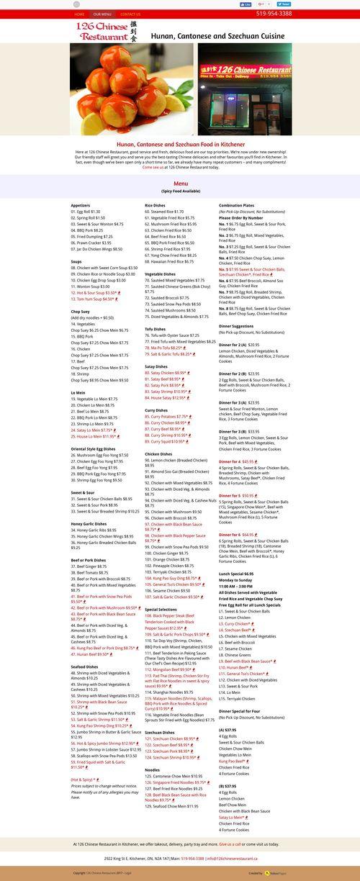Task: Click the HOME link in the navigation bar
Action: pyautogui.click(x=79, y=14)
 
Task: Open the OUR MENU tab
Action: pyautogui.click(x=102, y=14)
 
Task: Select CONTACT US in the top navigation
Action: pyautogui.click(x=130, y=14)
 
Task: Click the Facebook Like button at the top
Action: pyautogui.click(x=247, y=4)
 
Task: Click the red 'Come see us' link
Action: pyautogui.click(x=152, y=167)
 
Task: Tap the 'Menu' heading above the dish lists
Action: pyautogui.click(x=180, y=184)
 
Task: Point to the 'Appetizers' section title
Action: pyautogui.click(x=81, y=205)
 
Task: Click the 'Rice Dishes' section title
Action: pyautogui.click(x=155, y=205)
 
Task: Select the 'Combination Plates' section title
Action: pyautogui.click(x=237, y=205)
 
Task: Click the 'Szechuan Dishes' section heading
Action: pyautogui.click(x=159, y=732)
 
